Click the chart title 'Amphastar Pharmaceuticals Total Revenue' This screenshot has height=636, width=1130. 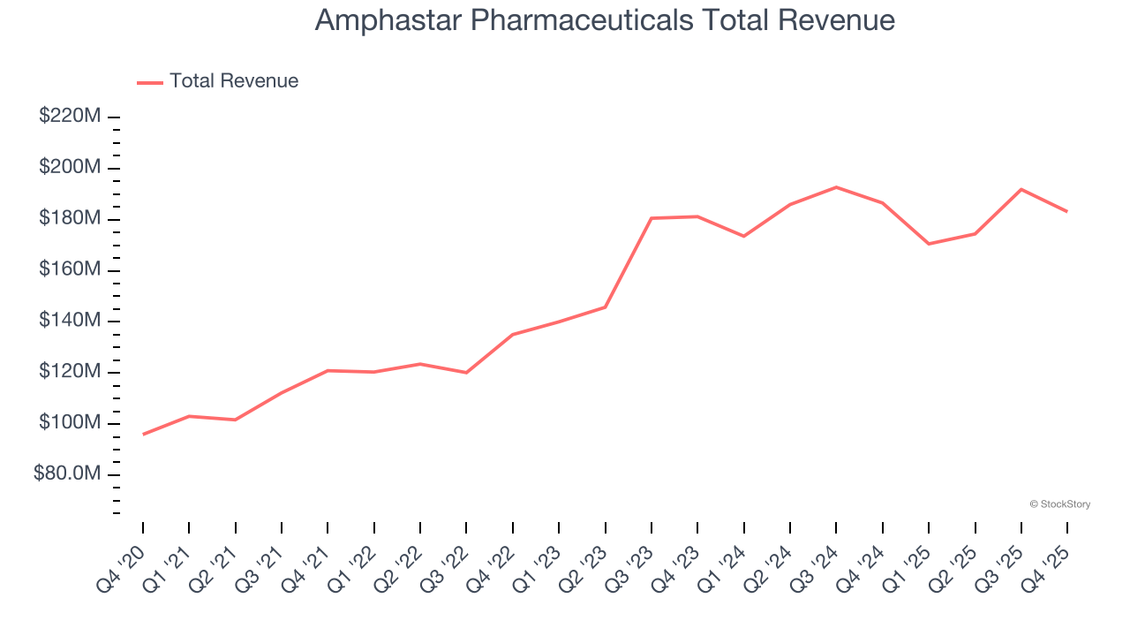[605, 20]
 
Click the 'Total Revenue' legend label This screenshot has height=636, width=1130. [234, 81]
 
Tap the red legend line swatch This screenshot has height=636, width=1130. [150, 82]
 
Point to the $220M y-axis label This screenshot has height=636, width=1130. [71, 117]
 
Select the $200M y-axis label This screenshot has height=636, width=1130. [71, 168]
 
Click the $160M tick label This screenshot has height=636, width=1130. [71, 270]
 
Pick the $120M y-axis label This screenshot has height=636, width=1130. [71, 372]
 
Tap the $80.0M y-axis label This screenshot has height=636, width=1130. [67, 474]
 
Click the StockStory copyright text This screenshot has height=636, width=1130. [1059, 504]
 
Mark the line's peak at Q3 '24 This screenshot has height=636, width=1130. [836, 187]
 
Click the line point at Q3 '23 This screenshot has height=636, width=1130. [652, 218]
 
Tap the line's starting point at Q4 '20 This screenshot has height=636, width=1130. [143, 434]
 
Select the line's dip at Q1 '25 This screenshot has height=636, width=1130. [929, 244]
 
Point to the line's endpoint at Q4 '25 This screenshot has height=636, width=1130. [1067, 211]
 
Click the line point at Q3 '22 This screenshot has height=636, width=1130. [466, 373]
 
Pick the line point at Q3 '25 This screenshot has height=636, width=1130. [1021, 189]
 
